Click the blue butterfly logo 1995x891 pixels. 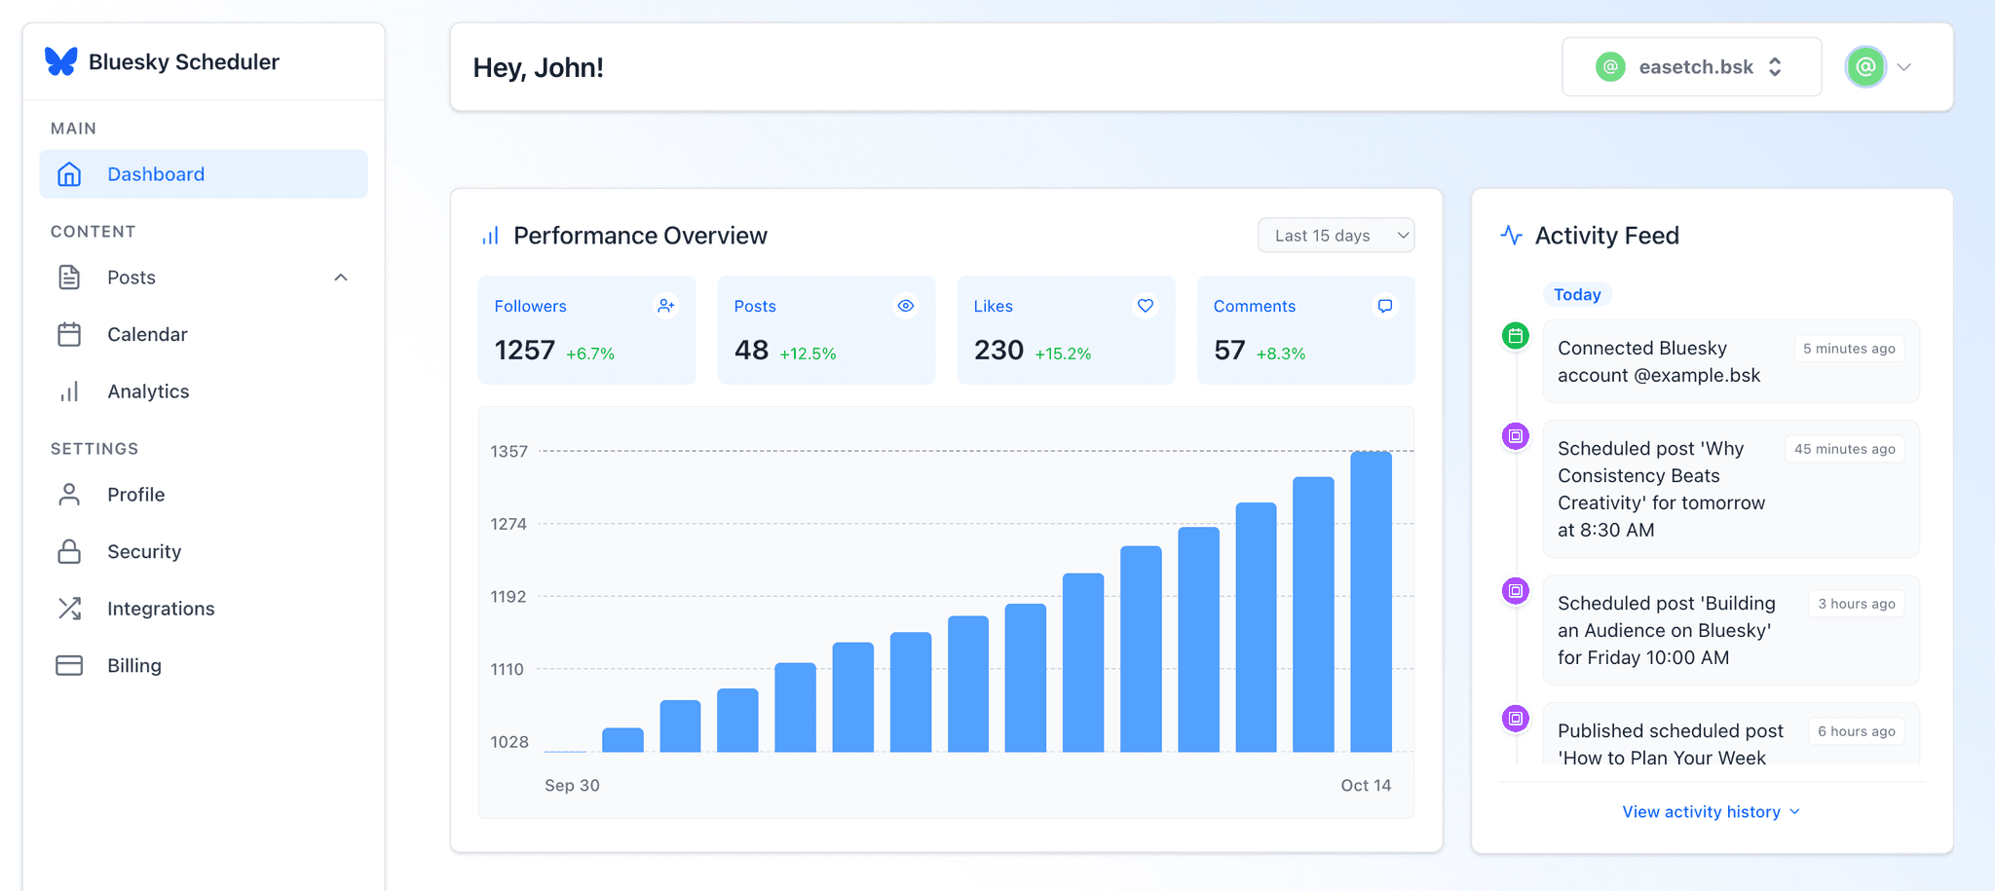[61, 61]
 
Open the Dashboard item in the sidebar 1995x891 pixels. [156, 174]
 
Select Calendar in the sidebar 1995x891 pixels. [147, 334]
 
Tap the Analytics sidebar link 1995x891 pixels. [148, 391]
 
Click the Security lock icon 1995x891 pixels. [69, 551]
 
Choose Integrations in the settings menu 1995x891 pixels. [161, 609]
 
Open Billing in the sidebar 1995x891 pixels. [134, 666]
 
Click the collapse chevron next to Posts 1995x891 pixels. [341, 278]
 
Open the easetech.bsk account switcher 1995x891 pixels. [1691, 67]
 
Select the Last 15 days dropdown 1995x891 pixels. [1336, 236]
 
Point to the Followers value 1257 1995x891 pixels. [524, 351]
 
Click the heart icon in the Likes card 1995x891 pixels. [1146, 306]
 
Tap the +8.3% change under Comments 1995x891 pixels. [1280, 353]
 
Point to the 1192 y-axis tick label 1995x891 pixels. [508, 597]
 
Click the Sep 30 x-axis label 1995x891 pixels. [572, 786]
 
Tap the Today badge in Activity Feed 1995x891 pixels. [1577, 295]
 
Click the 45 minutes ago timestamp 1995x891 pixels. [1844, 449]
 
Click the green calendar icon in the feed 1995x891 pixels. [1516, 337]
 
